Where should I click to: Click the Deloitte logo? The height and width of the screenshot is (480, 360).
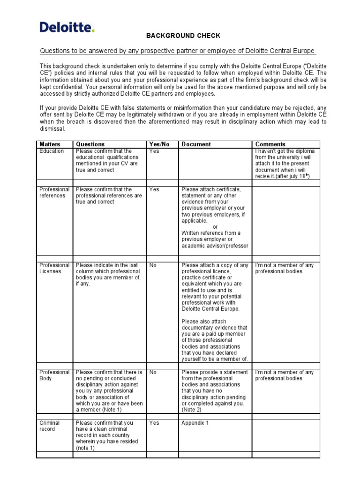tap(67, 27)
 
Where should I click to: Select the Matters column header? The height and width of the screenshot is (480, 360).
tap(50, 144)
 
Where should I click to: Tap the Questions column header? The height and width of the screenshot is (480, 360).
tap(90, 144)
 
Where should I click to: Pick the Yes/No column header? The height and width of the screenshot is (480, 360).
tap(159, 144)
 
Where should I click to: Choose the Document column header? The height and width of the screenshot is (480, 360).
tap(196, 144)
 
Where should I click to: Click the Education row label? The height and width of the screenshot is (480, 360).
tap(52, 151)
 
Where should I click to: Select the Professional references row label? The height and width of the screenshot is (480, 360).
tap(54, 193)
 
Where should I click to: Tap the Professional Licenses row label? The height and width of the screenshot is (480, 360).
tap(54, 269)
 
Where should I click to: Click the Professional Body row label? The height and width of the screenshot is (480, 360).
tap(54, 375)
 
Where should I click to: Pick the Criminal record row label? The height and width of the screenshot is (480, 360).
tap(50, 426)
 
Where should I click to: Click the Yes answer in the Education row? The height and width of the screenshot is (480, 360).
tap(154, 151)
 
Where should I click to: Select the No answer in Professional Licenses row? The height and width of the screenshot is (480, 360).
tap(153, 265)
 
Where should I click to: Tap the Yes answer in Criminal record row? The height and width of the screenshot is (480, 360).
tap(154, 423)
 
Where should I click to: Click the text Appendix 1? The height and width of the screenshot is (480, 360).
tap(195, 423)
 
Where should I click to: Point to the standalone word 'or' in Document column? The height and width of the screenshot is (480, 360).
tap(215, 227)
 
